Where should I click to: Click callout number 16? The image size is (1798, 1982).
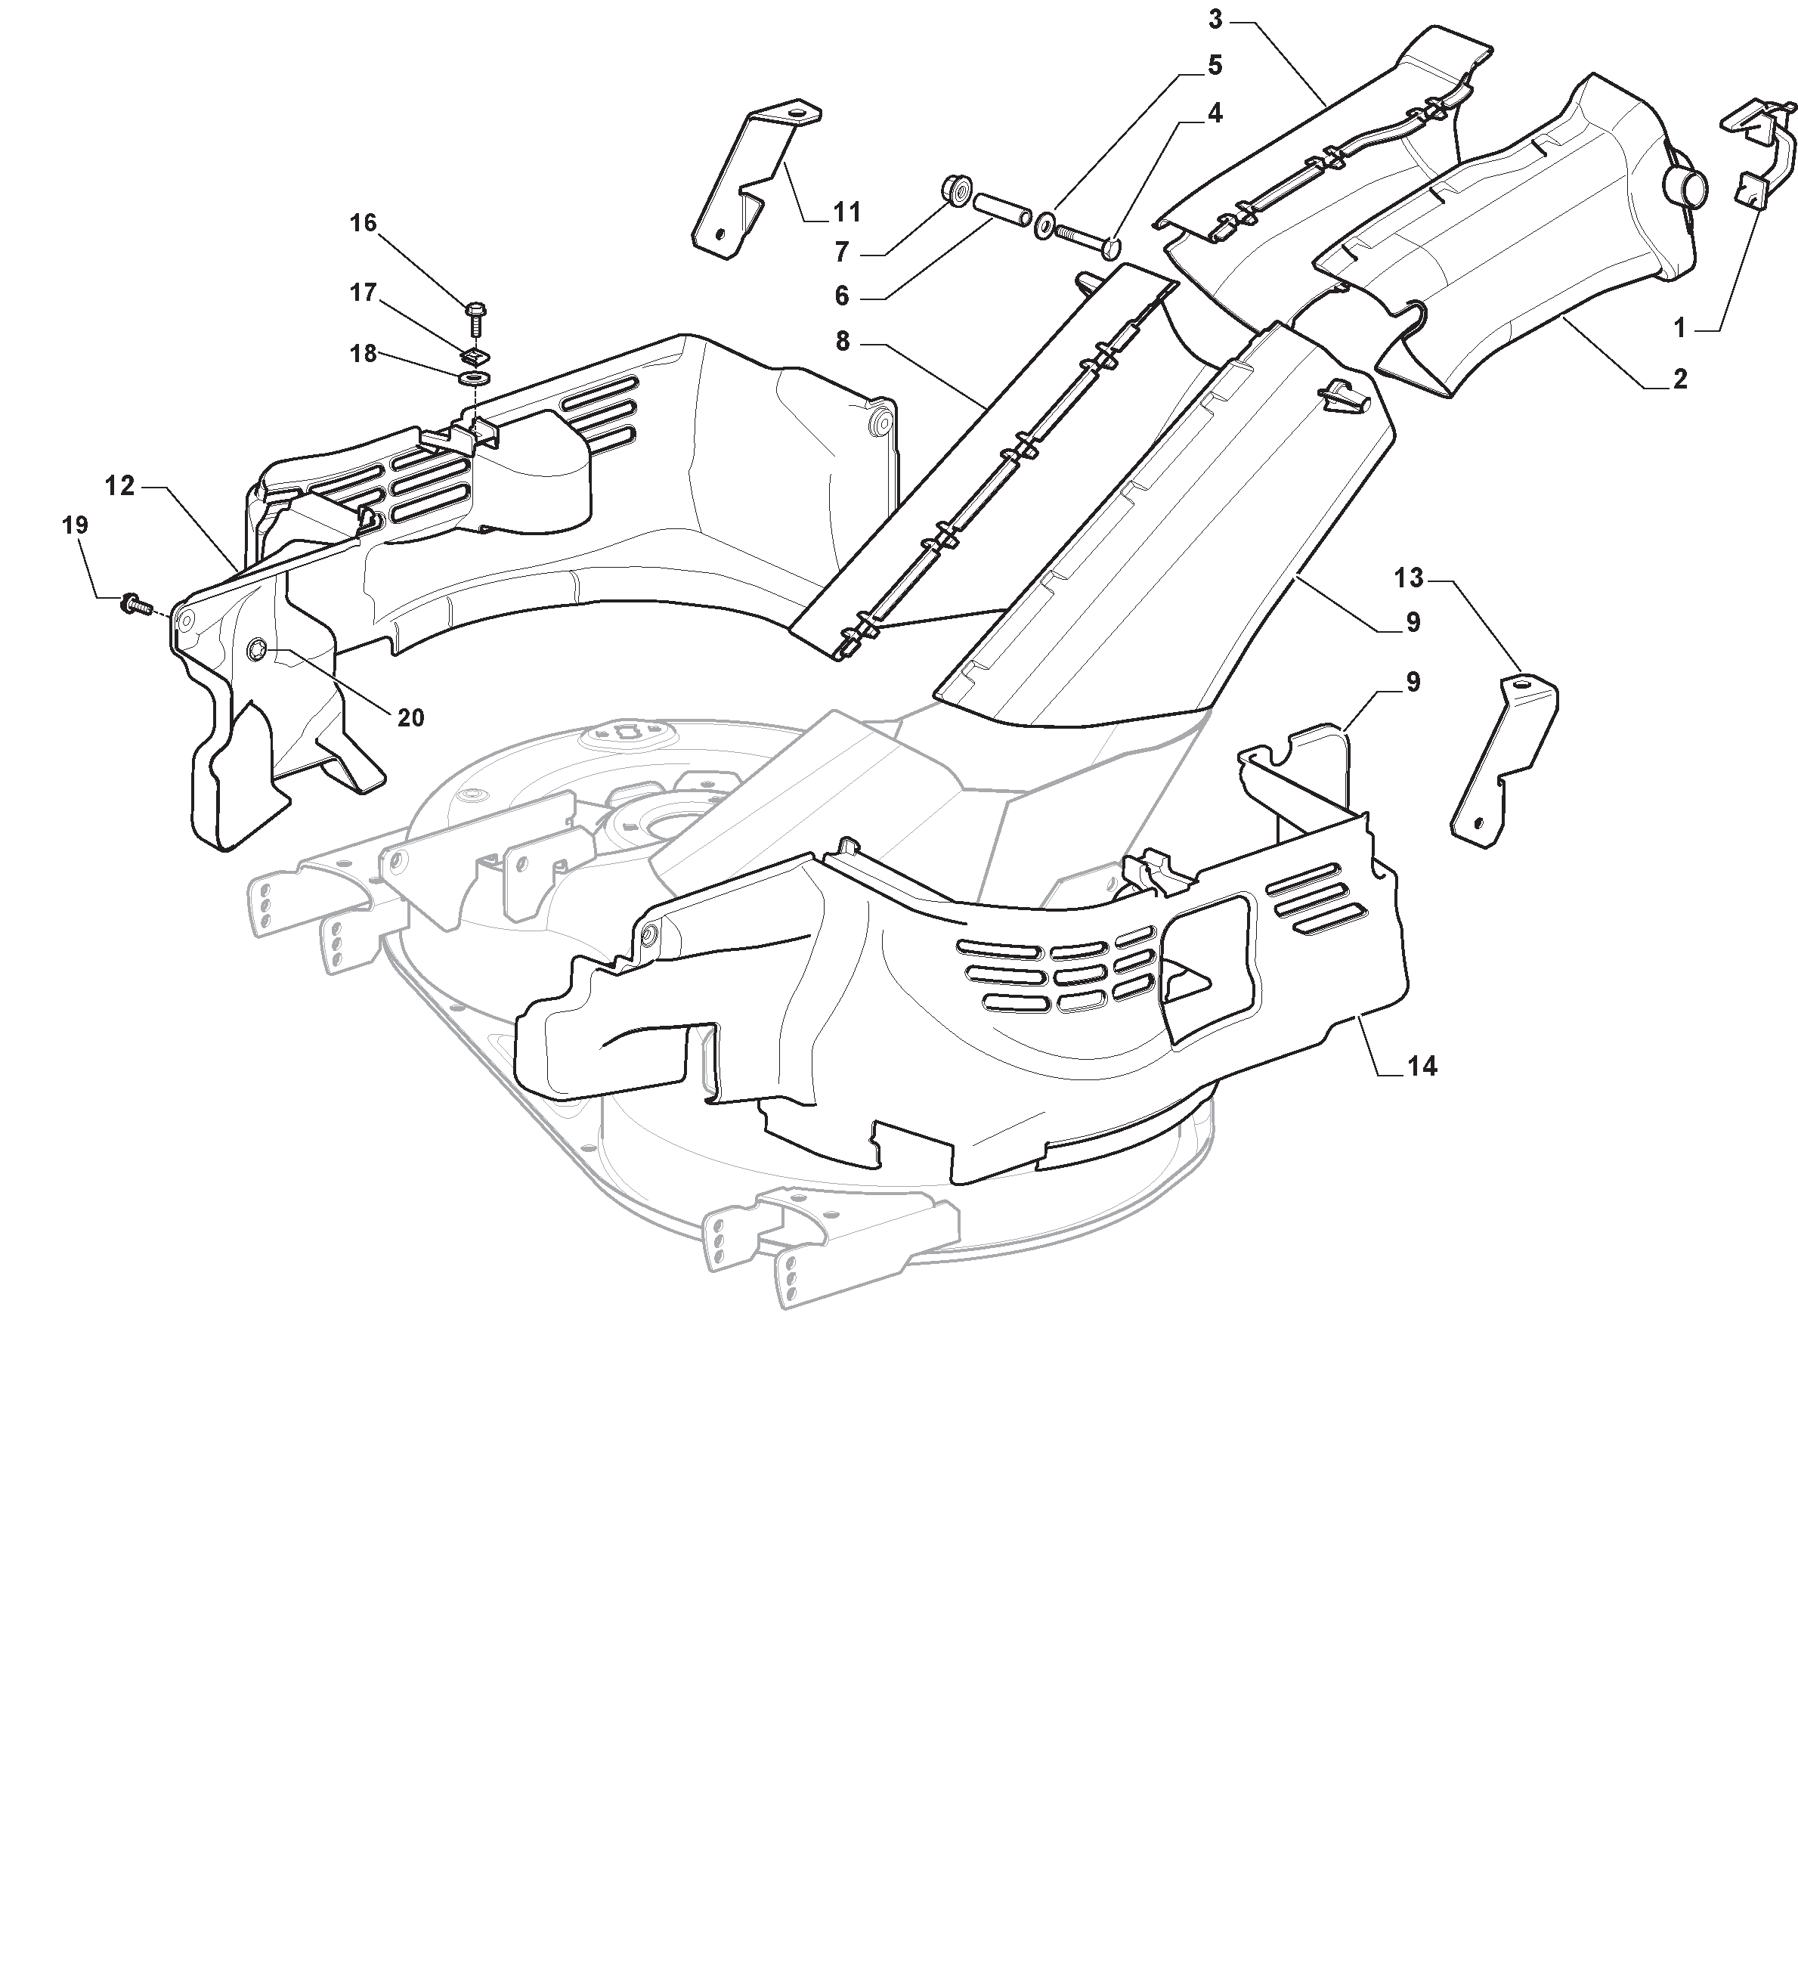pyautogui.click(x=363, y=223)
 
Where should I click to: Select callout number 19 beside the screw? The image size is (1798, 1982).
pyautogui.click(x=75, y=525)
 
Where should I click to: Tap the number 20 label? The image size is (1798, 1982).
pyautogui.click(x=411, y=717)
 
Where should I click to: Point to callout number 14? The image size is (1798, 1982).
pyautogui.click(x=1422, y=1066)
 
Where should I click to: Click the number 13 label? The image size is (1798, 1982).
pyautogui.click(x=1409, y=578)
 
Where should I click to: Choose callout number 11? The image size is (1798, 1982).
pyautogui.click(x=846, y=212)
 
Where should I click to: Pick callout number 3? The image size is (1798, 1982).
pyautogui.click(x=1215, y=19)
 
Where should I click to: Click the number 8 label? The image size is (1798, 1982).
pyautogui.click(x=843, y=341)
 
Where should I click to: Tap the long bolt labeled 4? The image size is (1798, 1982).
pyautogui.click(x=1088, y=238)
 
